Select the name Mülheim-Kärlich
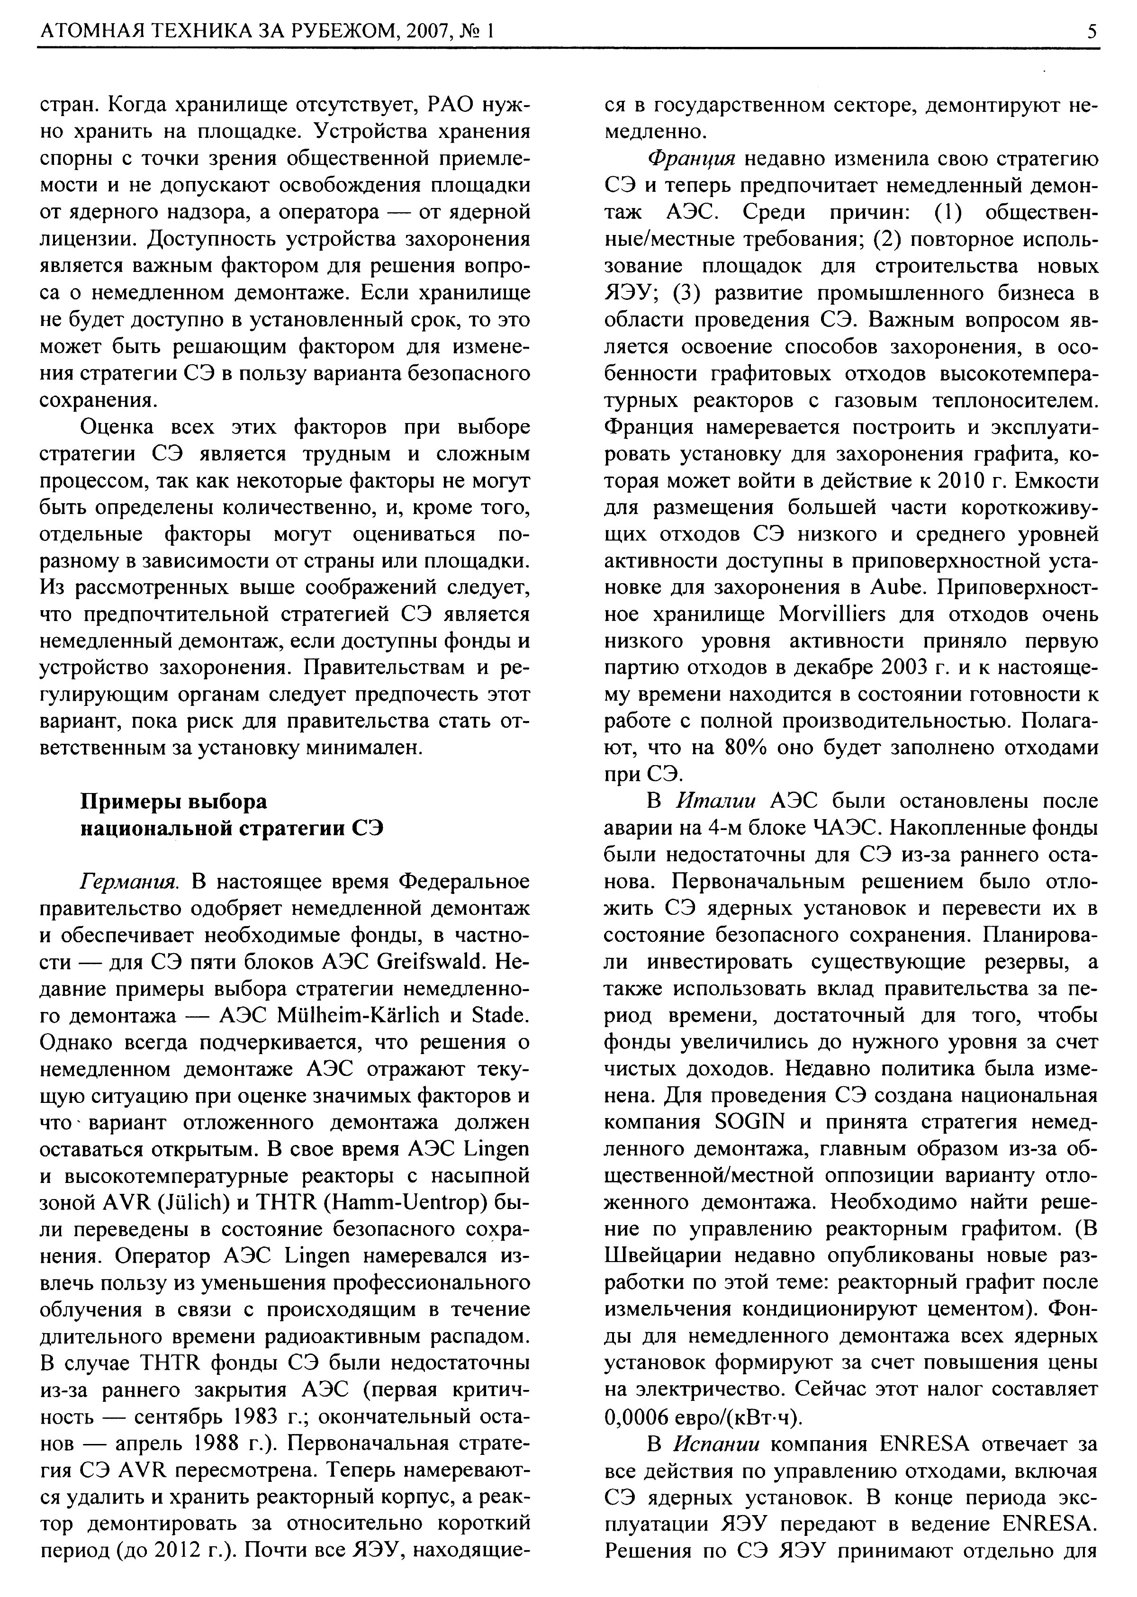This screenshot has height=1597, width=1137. pyautogui.click(x=359, y=1015)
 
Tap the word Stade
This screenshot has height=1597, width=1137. pyautogui.click(x=501, y=1015)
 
